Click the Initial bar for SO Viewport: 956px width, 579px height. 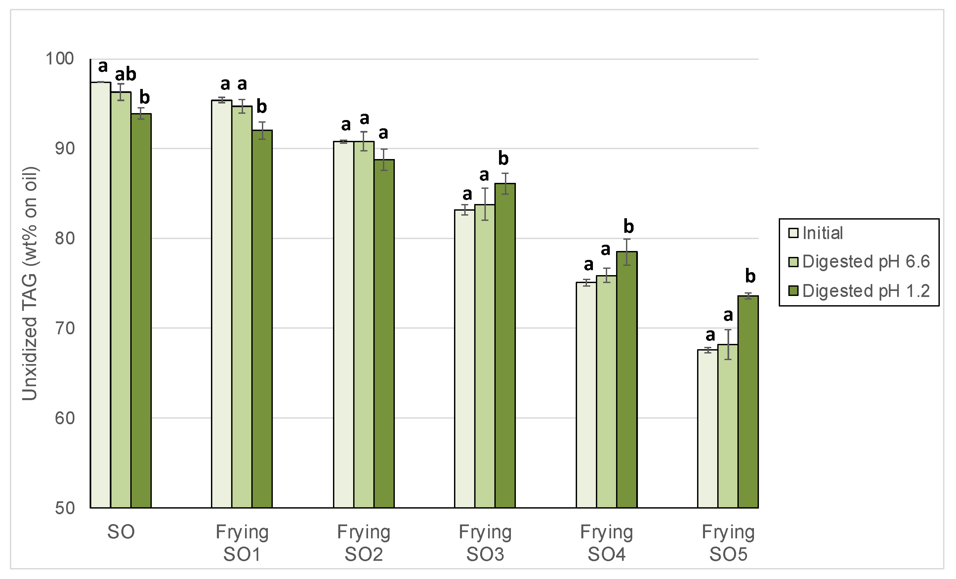(101, 295)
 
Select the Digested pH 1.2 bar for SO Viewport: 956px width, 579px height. (141, 310)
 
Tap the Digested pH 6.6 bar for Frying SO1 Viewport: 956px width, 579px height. (242, 307)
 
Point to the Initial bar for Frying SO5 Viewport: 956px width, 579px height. (708, 429)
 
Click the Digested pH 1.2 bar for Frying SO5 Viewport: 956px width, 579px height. (748, 402)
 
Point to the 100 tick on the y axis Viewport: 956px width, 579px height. (60, 59)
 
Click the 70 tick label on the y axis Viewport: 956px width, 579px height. (64, 328)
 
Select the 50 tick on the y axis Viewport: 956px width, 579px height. (64, 508)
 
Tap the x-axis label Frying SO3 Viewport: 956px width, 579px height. (485, 543)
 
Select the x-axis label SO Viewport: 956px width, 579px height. (121, 532)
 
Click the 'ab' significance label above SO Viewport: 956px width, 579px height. (125, 74)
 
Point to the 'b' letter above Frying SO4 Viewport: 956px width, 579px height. (629, 226)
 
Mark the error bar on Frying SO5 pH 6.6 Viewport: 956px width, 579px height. (728, 345)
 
